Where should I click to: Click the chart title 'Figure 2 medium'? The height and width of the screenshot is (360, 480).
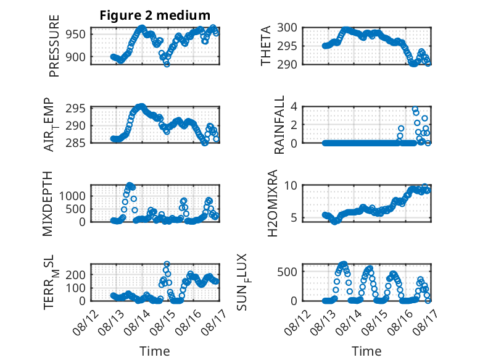[x=155, y=15]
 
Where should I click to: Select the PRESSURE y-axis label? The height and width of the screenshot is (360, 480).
[x=54, y=46]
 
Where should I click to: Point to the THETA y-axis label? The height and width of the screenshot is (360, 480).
[x=266, y=46]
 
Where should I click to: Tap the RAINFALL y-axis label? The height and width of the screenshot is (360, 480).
[x=279, y=125]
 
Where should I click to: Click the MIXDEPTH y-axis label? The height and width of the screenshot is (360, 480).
[x=48, y=204]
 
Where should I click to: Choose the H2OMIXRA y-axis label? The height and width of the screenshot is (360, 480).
[x=272, y=203]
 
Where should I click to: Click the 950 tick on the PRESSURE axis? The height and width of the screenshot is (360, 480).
[x=76, y=35]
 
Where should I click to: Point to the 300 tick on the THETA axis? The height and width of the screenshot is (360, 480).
[x=287, y=28]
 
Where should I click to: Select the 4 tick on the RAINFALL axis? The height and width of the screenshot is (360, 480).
[x=294, y=107]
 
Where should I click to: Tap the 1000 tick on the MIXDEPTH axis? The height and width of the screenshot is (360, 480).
[x=72, y=196]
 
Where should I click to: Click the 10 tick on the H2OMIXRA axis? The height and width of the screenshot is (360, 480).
[x=291, y=185]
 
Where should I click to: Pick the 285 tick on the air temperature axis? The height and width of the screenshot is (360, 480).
[x=76, y=143]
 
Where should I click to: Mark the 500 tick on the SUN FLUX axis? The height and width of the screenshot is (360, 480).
[x=287, y=272]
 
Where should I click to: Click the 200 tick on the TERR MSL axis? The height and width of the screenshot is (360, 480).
[x=76, y=275]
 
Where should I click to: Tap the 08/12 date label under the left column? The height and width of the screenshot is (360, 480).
[x=86, y=322]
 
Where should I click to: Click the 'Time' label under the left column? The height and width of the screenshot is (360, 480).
[x=155, y=351]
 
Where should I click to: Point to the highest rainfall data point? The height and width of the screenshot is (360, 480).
[x=415, y=109]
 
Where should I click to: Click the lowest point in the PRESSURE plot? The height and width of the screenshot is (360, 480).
[x=167, y=64]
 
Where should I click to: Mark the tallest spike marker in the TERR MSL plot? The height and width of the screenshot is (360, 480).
[x=167, y=264]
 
